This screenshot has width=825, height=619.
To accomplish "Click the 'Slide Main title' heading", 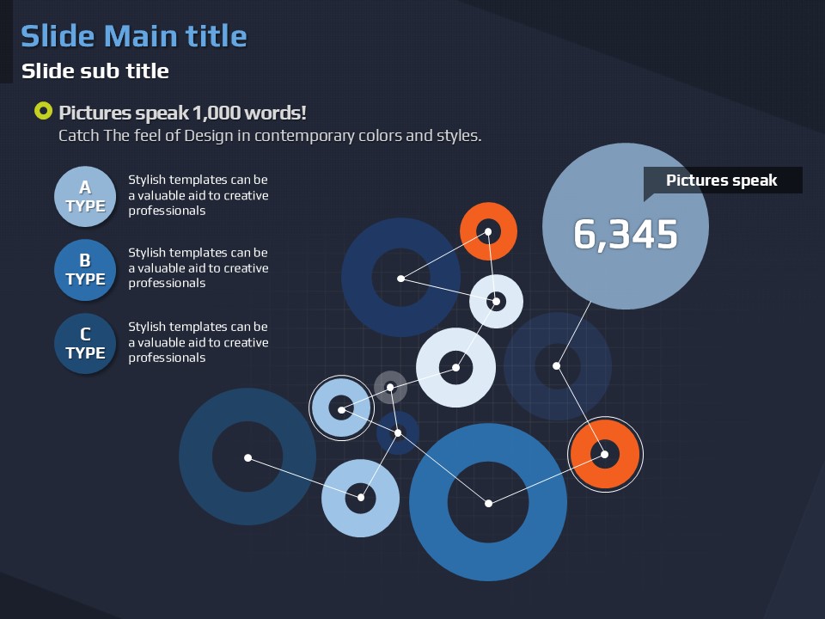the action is point(134,37).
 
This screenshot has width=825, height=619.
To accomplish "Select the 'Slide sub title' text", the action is point(95,71).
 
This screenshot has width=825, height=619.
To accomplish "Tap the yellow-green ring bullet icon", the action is point(43,111).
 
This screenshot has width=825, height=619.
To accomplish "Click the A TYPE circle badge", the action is point(85,196).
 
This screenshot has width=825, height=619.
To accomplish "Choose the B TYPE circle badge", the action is point(85,269).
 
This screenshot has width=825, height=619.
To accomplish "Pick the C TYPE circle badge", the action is point(85,344).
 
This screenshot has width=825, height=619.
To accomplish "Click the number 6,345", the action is point(626,234).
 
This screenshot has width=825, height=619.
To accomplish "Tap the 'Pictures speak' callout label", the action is point(722,181).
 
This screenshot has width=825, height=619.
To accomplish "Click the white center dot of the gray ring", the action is point(390,388).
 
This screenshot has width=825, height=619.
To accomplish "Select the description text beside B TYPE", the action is point(199,268).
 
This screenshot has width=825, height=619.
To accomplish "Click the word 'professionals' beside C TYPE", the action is point(167,358).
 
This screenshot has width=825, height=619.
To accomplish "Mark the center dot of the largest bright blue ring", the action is point(488,504).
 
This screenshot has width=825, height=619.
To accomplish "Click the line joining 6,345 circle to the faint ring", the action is point(573,334).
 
